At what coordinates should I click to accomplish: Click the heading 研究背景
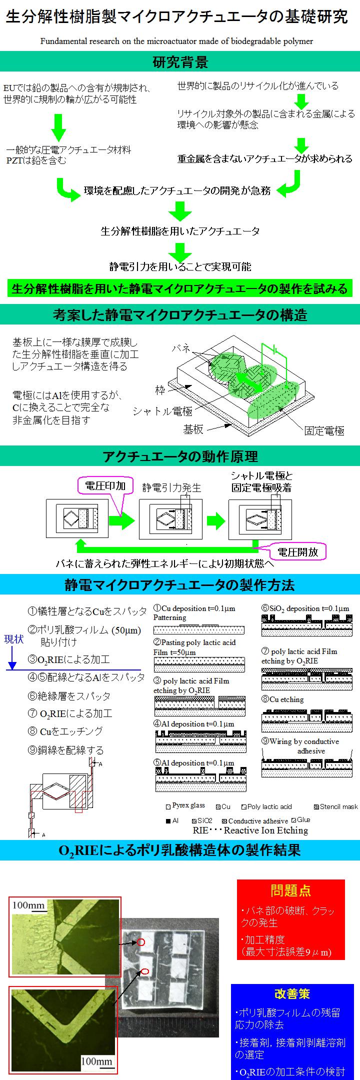point(180,62)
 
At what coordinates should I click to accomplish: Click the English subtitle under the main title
point(177,41)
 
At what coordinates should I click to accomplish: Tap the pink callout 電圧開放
point(298,552)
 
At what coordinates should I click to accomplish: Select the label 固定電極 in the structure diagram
point(324,430)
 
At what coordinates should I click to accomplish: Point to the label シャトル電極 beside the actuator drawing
point(162,411)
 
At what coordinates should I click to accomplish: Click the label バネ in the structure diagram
point(180,348)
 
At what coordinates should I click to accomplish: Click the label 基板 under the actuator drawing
point(193,429)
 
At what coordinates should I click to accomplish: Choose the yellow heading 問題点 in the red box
point(290,890)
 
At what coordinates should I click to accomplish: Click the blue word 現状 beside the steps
point(13,639)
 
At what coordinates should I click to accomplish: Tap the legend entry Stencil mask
point(335,806)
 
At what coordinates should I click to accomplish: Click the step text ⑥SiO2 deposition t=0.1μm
point(305,608)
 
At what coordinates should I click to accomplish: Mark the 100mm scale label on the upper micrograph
point(28,905)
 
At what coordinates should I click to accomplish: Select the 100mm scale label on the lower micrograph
point(96,1057)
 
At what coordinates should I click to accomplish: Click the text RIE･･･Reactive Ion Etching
point(250,830)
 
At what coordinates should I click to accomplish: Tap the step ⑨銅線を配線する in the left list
point(65,750)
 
